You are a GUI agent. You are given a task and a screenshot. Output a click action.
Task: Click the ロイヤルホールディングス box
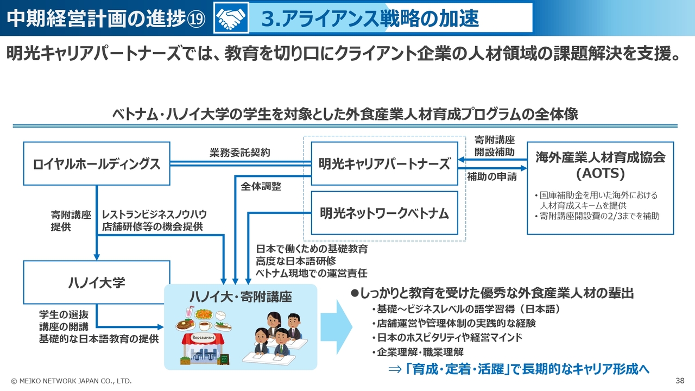click(97, 163)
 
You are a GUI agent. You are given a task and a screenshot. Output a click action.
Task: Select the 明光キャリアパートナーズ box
click(384, 163)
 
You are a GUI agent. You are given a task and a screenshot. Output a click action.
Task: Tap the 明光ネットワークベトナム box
click(384, 212)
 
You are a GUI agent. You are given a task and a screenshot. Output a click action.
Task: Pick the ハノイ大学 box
click(97, 282)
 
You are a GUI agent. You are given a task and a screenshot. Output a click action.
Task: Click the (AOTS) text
click(600, 174)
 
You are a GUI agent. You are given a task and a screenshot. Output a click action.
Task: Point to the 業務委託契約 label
click(239, 153)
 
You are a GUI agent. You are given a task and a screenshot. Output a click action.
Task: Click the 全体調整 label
click(261, 186)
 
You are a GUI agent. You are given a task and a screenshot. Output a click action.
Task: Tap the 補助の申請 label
click(492, 176)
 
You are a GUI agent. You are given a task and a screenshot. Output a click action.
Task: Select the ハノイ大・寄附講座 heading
click(241, 297)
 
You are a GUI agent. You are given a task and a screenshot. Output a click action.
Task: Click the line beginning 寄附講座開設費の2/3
click(597, 216)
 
